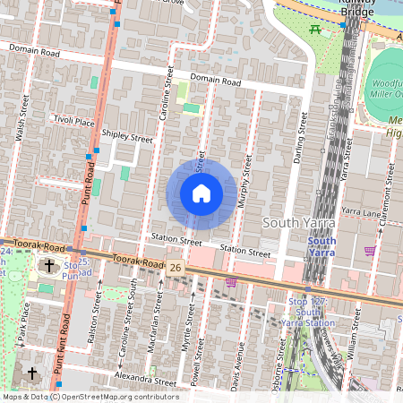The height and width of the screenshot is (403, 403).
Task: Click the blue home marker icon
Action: (x=201, y=193)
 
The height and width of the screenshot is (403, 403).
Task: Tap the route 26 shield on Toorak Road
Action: (x=176, y=267)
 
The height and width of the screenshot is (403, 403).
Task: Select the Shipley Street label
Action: (x=127, y=137)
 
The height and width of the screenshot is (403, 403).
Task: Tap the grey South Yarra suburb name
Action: (x=299, y=221)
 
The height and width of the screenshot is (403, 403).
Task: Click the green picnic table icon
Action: (x=314, y=30)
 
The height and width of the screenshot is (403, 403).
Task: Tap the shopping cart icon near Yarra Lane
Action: (x=370, y=251)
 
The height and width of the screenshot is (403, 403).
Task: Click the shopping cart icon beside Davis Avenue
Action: (x=231, y=281)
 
